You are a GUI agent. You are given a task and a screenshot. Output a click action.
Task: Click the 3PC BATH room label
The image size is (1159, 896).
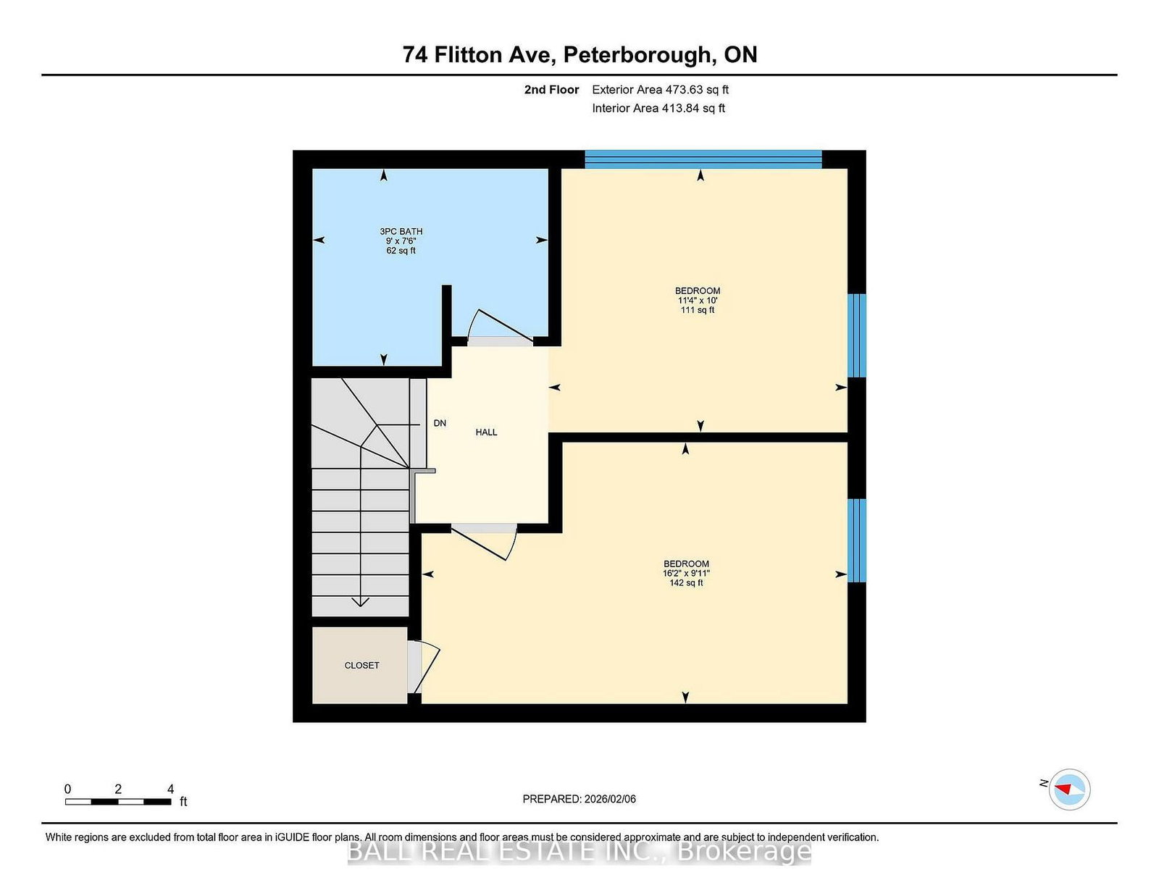click(x=401, y=232)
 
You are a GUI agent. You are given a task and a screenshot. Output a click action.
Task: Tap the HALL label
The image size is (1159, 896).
click(x=486, y=432)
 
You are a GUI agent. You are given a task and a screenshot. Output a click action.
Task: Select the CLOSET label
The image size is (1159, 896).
click(x=361, y=666)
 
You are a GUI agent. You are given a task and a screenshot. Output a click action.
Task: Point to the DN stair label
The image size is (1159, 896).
click(x=440, y=424)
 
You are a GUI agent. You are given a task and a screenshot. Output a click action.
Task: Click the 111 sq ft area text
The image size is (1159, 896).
click(x=698, y=310)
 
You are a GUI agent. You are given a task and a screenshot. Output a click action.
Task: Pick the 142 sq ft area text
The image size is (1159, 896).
click(x=686, y=583)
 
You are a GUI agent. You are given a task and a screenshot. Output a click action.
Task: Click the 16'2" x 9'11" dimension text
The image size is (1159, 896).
click(x=686, y=574)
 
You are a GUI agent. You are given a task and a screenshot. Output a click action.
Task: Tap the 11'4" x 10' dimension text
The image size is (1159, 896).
click(x=698, y=301)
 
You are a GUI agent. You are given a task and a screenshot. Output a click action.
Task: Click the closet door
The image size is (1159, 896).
click(x=424, y=666)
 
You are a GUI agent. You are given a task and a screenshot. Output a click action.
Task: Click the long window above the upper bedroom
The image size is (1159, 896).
click(x=703, y=159)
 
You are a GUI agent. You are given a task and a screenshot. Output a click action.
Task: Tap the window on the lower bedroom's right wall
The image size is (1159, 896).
click(x=857, y=540)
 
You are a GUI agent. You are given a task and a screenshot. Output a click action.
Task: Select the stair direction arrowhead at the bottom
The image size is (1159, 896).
click(x=360, y=602)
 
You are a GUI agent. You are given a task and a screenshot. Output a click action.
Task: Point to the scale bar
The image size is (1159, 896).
click(x=117, y=802)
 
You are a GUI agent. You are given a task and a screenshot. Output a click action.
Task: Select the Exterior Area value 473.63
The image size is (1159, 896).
click(x=685, y=90)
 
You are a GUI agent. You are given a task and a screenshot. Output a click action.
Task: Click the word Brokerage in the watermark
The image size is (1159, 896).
click(x=744, y=852)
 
